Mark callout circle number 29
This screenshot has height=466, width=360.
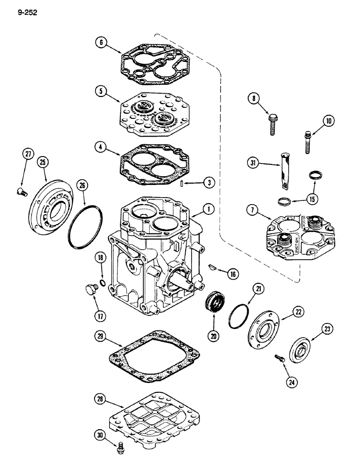click(x=99, y=336)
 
